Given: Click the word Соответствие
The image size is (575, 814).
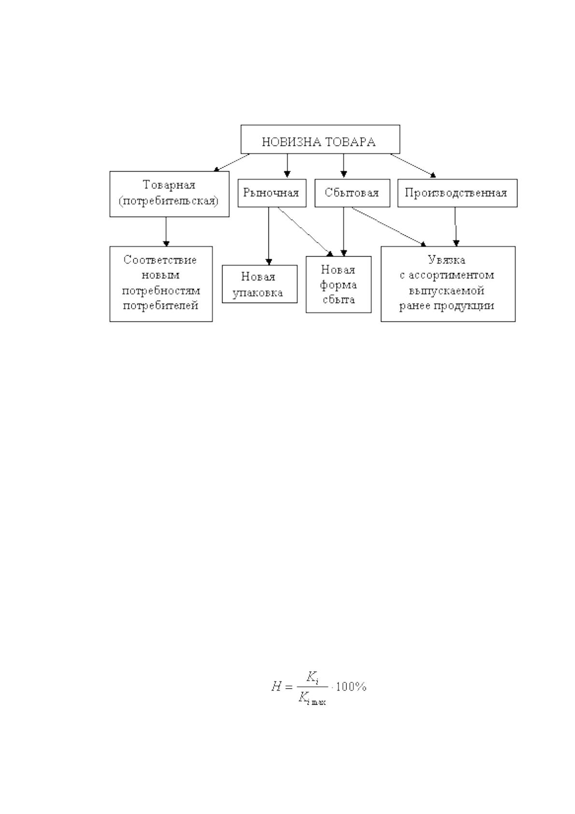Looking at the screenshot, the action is (160, 260).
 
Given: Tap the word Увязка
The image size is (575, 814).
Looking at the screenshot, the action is (446, 260).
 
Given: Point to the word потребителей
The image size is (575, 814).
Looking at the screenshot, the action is (160, 305).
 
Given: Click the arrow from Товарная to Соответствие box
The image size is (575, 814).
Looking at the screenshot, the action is (166, 232).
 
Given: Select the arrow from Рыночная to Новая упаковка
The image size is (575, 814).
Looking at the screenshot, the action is (268, 236).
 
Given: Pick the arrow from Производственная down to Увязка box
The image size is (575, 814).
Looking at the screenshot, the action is (456, 227).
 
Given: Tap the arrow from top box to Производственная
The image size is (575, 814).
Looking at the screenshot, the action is (413, 166).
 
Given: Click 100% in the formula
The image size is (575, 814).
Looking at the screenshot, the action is (351, 687).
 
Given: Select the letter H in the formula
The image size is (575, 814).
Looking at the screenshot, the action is (276, 687).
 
